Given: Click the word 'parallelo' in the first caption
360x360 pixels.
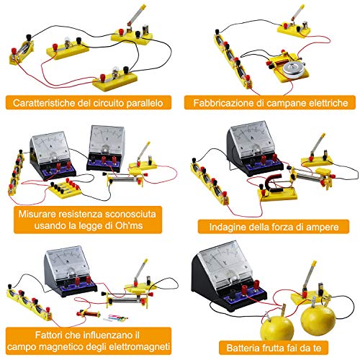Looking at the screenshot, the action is point(145,103).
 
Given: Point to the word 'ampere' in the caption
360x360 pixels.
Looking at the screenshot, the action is point(322,227).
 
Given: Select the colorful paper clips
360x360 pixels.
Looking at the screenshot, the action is point(117,319).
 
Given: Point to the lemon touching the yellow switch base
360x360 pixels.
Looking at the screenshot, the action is point(318,318).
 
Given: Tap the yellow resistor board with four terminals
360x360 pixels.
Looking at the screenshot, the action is point(65,189).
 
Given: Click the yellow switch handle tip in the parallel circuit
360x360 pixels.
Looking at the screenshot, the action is point(143,6).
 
